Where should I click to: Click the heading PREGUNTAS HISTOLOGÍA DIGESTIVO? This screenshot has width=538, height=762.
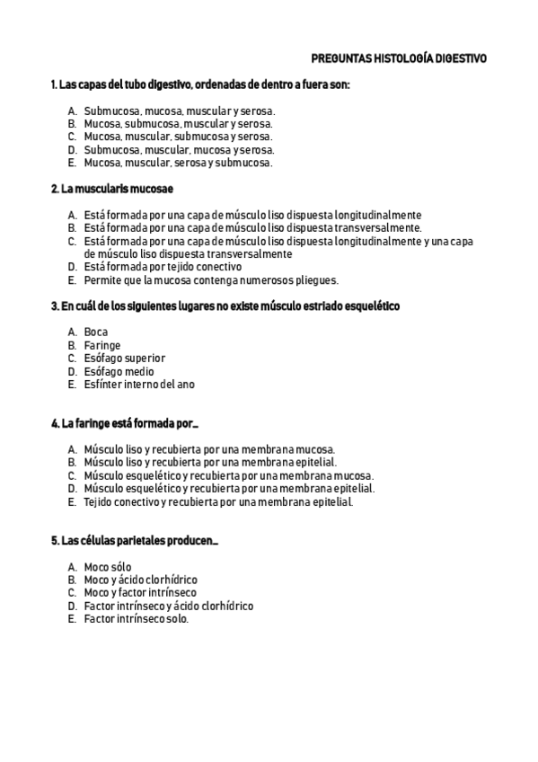[x=399, y=58]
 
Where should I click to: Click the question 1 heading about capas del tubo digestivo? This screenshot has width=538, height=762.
[x=200, y=84]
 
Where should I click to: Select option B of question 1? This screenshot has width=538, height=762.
[x=179, y=123]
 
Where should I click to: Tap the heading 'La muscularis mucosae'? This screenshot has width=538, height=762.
[x=112, y=190]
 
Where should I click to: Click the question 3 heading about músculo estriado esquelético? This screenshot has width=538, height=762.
[x=225, y=306]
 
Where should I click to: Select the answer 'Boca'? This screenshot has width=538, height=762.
[x=95, y=332]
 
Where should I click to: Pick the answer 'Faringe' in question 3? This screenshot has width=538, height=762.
[x=101, y=345]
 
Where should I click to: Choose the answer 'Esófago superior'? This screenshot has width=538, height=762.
[x=124, y=358]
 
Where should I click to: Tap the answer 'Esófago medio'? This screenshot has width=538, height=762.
[x=119, y=371]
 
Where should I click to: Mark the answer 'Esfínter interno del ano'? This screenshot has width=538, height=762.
[x=138, y=384]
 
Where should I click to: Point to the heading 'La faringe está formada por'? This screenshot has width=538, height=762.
[x=124, y=422]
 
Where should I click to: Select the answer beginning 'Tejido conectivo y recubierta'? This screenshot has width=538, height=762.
[x=218, y=501]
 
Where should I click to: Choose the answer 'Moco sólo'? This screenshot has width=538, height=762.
[x=107, y=567]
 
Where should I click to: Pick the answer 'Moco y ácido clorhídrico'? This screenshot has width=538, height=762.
[x=140, y=580]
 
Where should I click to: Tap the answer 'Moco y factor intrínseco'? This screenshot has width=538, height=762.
[x=139, y=592]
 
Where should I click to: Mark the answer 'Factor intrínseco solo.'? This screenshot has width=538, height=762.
[x=136, y=619]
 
